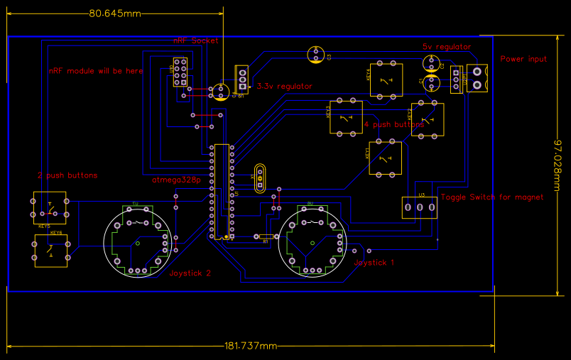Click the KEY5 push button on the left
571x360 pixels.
pos(50,207)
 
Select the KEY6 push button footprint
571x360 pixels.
pos(51,249)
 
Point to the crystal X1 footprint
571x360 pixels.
pos(259,178)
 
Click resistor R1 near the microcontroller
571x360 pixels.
pos(265,236)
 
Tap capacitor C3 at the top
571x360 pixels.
pos(316,54)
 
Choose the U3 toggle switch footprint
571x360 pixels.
pos(419,207)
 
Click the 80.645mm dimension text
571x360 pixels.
pos(114,13)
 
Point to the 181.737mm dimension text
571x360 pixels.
pos(250,346)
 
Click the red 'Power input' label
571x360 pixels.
pos(523,59)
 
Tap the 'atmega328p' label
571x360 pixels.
pos(176,180)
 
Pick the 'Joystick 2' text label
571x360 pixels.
pos(190,273)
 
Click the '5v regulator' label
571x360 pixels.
pos(447,46)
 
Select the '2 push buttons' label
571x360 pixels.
pos(67,175)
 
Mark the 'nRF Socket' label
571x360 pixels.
pos(196,40)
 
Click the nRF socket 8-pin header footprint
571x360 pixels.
pos(179,72)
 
